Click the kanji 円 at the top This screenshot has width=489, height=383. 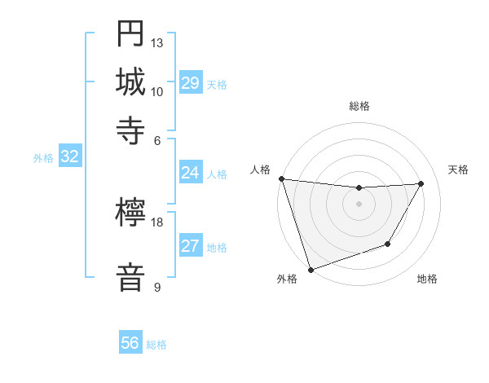[130, 34]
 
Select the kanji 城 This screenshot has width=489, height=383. [130, 81]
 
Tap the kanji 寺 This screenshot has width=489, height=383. [130, 130]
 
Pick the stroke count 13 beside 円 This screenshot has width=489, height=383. [157, 42]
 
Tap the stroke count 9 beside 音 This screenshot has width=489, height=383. [157, 287]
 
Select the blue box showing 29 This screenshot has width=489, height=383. [191, 83]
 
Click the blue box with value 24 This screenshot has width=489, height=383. [191, 173]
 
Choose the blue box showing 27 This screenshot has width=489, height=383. [191, 246]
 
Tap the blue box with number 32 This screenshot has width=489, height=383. [70, 157]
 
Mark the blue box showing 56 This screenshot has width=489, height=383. [130, 343]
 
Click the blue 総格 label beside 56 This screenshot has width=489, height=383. [156, 345]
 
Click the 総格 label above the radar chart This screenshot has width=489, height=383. [359, 107]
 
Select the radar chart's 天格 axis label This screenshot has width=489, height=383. [458, 169]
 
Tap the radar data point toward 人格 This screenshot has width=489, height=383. [281, 178]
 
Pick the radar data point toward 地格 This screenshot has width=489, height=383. [388, 244]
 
